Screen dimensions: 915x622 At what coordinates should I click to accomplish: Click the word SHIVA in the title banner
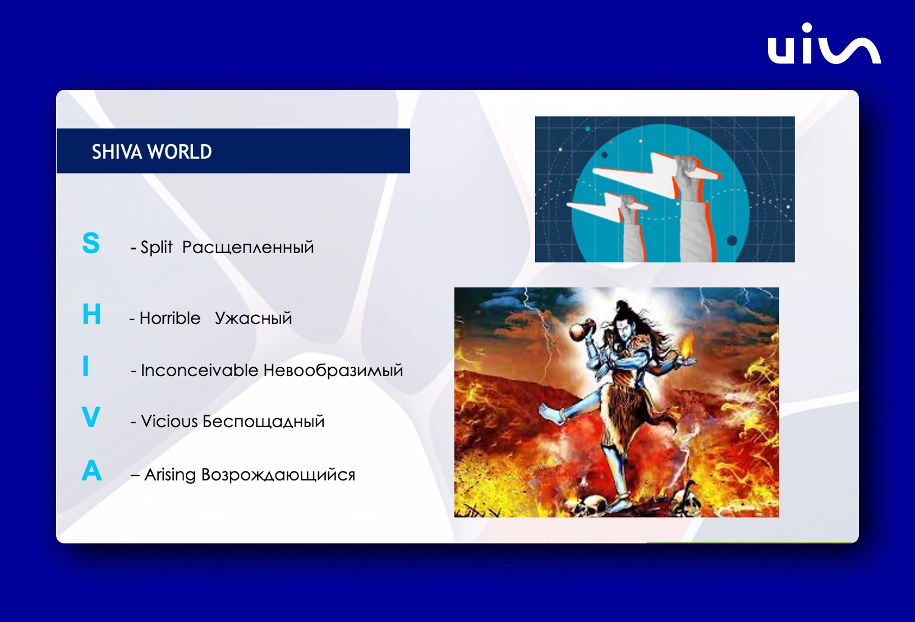click(x=118, y=152)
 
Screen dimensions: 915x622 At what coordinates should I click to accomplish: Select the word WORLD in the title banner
click(x=180, y=152)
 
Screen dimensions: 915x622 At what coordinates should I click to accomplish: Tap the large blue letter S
click(x=91, y=243)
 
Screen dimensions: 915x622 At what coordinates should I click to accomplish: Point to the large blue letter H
click(x=91, y=314)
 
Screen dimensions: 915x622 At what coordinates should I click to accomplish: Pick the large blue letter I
click(x=85, y=366)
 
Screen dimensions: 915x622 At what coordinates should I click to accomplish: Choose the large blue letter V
click(x=91, y=417)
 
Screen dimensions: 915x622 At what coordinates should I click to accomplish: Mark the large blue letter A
click(x=91, y=470)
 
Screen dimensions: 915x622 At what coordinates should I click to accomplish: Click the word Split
click(x=157, y=247)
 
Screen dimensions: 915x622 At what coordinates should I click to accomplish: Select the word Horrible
click(x=170, y=318)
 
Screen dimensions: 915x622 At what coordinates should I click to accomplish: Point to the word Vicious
click(x=169, y=422)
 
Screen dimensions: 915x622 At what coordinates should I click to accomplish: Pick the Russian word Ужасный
click(x=253, y=318)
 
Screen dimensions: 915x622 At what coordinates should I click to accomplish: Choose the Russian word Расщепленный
click(x=248, y=248)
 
